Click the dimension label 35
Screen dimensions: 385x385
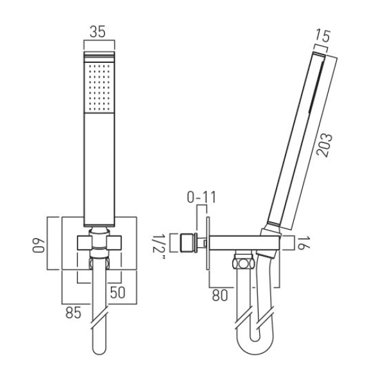[x=98, y=31]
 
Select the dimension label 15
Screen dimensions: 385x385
[x=322, y=35]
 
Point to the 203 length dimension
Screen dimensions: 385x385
[x=324, y=145]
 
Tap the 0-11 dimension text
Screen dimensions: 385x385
[x=201, y=197]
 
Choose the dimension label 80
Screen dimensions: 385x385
[x=219, y=295]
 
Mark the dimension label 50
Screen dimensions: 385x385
[x=117, y=292]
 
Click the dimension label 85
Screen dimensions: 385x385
[x=73, y=313]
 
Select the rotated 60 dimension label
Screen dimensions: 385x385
[x=38, y=245]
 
